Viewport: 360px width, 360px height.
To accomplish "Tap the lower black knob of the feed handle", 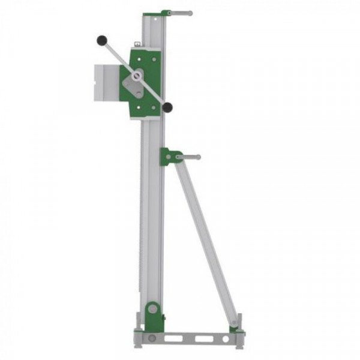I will [x=168, y=107].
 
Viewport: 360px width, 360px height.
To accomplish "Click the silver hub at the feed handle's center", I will [x=138, y=76].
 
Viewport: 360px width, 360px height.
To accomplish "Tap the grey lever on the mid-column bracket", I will [x=188, y=157].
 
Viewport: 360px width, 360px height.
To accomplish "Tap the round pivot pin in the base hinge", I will [x=152, y=308].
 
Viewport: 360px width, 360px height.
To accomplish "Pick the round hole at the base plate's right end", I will [x=226, y=339].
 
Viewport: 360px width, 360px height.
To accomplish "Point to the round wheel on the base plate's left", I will [x=152, y=339].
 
